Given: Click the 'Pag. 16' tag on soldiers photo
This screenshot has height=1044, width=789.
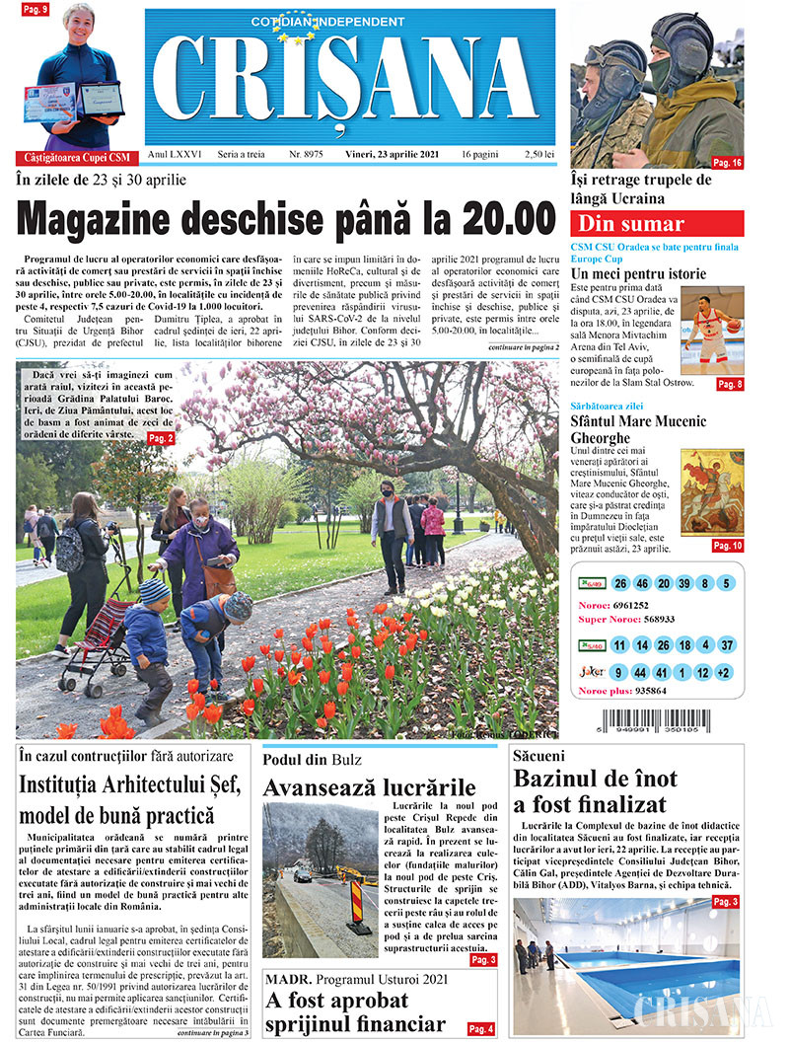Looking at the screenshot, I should (x=727, y=162).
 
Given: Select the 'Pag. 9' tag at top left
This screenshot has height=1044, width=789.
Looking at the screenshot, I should (x=36, y=10).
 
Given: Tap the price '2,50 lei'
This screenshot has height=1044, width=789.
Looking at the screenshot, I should (x=539, y=155).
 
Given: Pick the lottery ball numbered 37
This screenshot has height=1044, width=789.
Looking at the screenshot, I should (x=727, y=645).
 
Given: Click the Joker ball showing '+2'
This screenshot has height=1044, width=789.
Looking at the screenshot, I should (x=727, y=673).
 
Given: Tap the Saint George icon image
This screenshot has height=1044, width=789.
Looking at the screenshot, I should (x=712, y=493).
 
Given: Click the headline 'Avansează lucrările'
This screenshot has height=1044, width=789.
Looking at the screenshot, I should (x=369, y=787).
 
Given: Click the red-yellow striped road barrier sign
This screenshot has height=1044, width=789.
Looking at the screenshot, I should (x=357, y=902).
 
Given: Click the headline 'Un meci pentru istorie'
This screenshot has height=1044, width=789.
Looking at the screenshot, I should (x=638, y=272).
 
